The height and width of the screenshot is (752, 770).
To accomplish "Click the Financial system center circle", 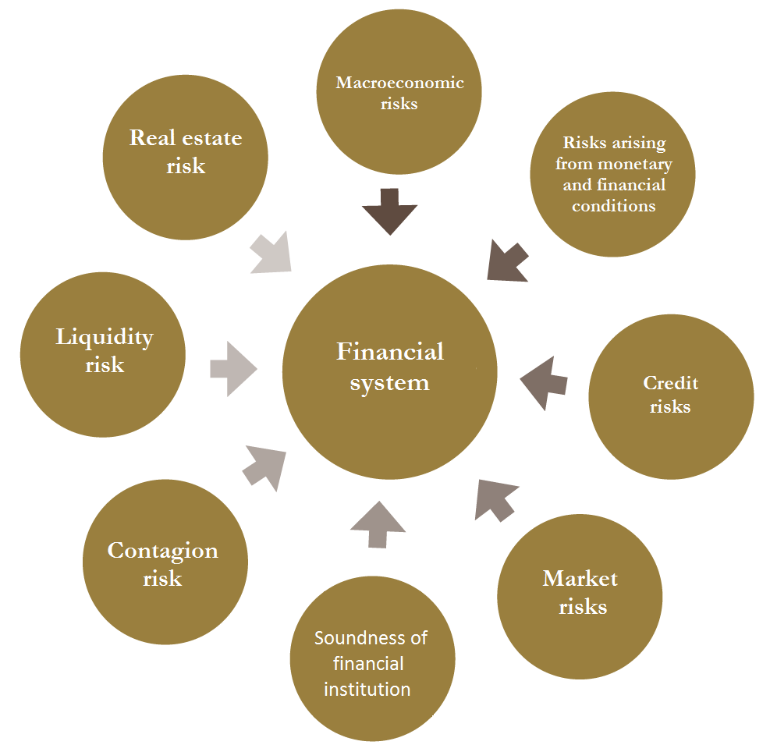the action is click(389, 372).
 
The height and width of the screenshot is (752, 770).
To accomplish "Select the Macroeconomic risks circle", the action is click(399, 92).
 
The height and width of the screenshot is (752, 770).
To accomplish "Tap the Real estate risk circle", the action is click(186, 157).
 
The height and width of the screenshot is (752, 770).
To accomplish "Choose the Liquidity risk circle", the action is click(103, 355).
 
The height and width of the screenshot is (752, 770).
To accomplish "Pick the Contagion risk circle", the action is click(165, 562).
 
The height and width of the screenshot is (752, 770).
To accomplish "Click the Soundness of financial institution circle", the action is click(373, 658).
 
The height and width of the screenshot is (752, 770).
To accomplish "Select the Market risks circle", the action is click(580, 597).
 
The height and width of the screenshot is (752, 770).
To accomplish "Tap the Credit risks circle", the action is click(671, 397).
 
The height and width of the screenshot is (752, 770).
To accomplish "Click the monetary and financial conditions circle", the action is click(612, 175).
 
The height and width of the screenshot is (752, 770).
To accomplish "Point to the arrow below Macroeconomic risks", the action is click(390, 211).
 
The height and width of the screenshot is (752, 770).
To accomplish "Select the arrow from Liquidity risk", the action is click(233, 369).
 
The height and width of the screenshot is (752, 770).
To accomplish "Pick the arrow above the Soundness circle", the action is click(378, 524).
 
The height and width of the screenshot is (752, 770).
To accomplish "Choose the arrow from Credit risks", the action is click(544, 383).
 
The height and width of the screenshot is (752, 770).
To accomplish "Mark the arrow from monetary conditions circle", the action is click(507, 261).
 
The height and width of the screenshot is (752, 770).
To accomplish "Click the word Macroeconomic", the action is click(399, 83).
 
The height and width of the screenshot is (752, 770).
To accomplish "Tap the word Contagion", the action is click(162, 551).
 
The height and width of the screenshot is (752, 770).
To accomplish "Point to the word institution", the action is click(367, 690).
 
